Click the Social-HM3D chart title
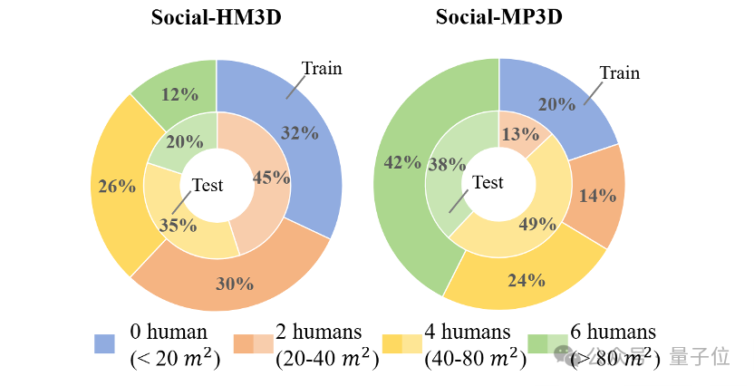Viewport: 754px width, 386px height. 216,17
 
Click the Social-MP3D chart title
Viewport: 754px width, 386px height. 498,17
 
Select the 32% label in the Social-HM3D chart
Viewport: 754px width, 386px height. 300,132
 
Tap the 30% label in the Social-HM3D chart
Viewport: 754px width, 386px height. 235,283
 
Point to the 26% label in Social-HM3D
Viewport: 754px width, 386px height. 117,187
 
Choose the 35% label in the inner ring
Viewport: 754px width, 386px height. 178,225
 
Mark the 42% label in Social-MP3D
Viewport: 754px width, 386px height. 402,162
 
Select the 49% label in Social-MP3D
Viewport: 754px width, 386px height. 537,224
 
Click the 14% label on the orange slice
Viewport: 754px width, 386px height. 597,195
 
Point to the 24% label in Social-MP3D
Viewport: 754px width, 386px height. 527,279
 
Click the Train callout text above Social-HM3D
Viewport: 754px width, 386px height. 322,68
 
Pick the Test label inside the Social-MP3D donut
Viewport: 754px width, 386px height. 488,182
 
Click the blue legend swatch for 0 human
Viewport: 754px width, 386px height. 104,343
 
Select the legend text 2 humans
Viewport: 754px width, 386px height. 319,332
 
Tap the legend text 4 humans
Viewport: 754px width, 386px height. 468,332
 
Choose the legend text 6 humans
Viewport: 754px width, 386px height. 614,332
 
